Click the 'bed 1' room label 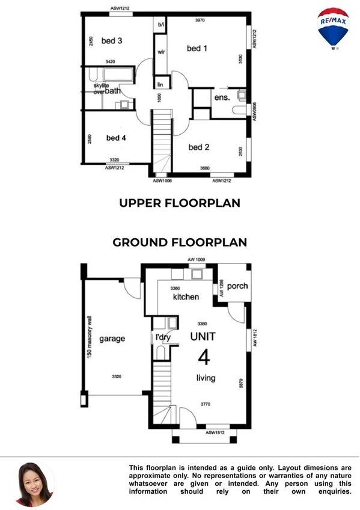pyautogui.click(x=197, y=48)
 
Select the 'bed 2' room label pyautogui.click(x=198, y=147)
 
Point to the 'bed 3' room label pyautogui.click(x=112, y=41)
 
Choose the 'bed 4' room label pyautogui.click(x=116, y=138)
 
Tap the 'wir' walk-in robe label pyautogui.click(x=161, y=52)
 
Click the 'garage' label pyautogui.click(x=112, y=339)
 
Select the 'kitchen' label pyautogui.click(x=186, y=297)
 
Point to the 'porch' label pyautogui.click(x=237, y=286)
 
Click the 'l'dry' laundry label pyautogui.click(x=163, y=337)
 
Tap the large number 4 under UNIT pyautogui.click(x=204, y=358)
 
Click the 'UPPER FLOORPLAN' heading pyautogui.click(x=180, y=203)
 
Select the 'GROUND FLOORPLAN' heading pyautogui.click(x=180, y=242)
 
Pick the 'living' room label pyautogui.click(x=205, y=378)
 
